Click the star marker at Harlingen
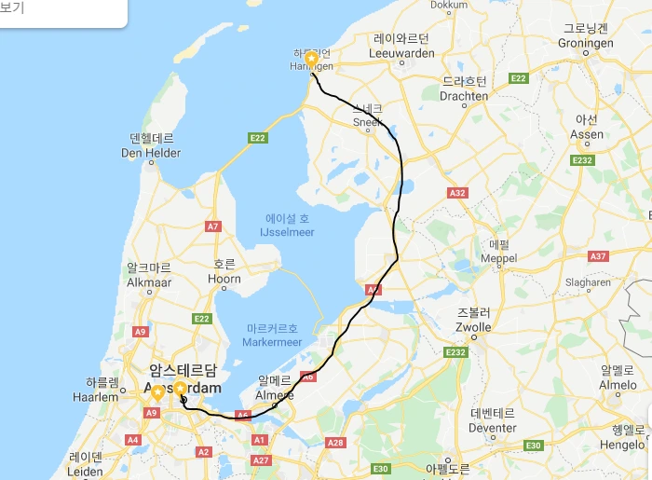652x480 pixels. pos(312,59)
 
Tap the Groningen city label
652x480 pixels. pos(585,43)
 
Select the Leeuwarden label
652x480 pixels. pos(401,53)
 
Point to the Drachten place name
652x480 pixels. pos(464,95)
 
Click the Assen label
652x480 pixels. pos(586,133)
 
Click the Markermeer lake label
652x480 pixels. pos(274,342)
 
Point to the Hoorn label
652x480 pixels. pos(224,278)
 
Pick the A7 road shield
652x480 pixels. pos(213,226)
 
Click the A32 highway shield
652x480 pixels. pos(456,193)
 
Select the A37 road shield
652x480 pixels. pos(598,256)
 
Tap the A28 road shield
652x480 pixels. pos(335,443)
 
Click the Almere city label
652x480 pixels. pos(275,394)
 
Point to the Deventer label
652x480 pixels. pos(493,428)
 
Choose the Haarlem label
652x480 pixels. pos(102,396)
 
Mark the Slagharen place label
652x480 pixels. pos(588,282)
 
